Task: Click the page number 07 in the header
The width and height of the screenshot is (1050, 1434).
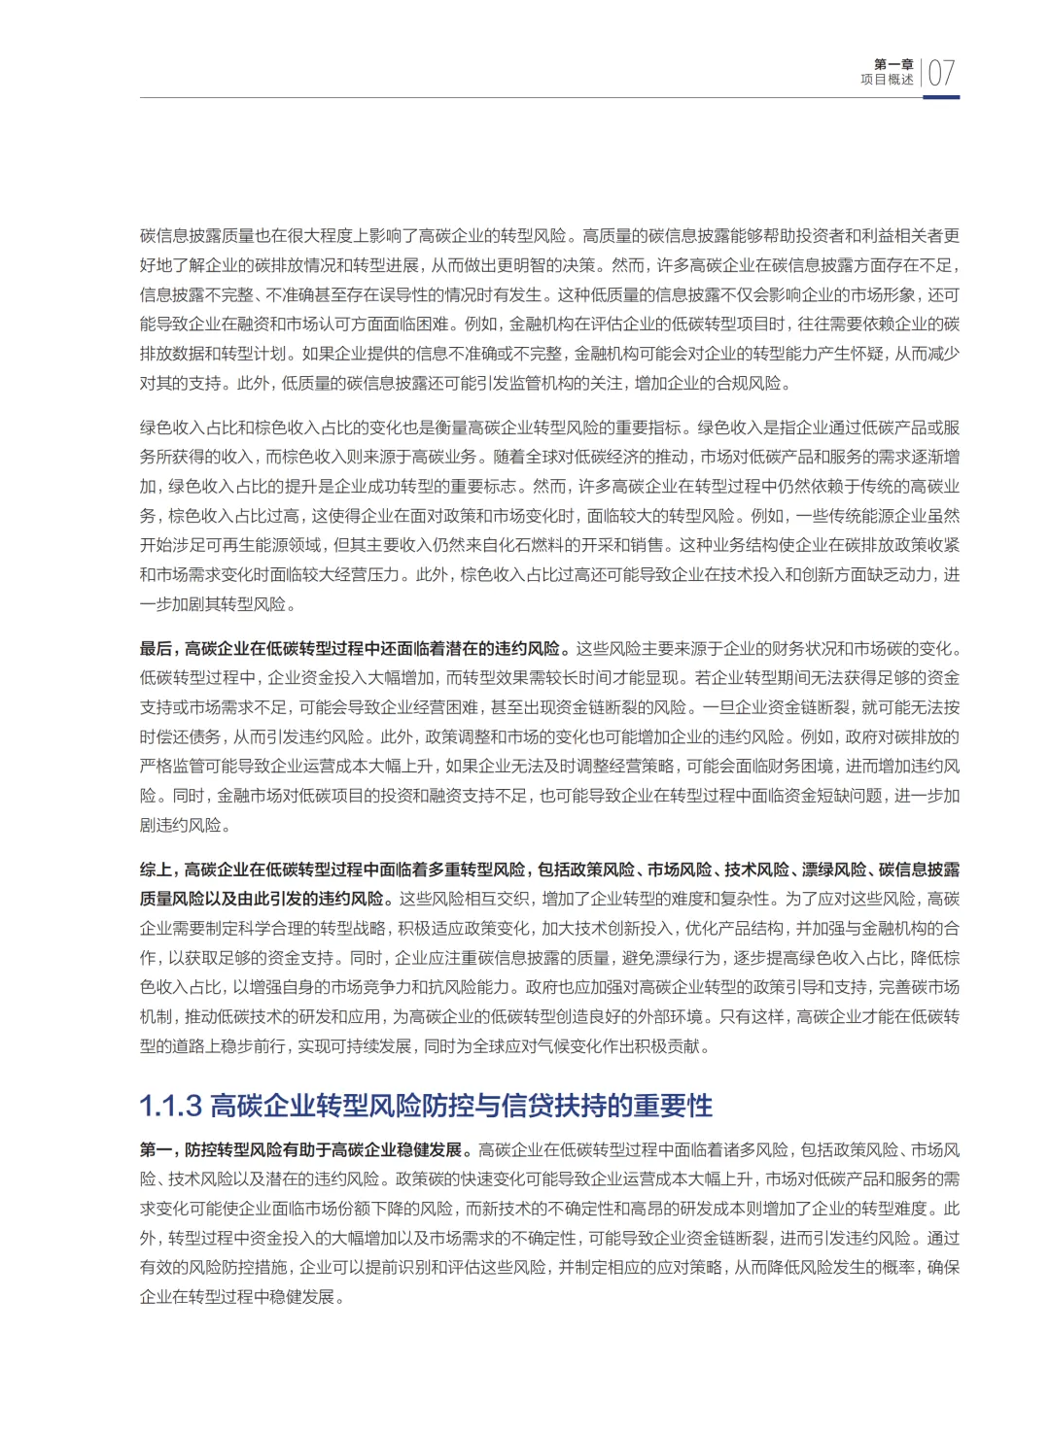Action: point(941,73)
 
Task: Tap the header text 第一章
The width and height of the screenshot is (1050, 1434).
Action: point(893,64)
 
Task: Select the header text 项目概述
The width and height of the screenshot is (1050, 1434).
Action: point(887,80)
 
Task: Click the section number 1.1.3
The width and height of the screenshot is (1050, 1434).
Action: point(170,1106)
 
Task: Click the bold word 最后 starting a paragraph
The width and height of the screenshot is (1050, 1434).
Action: point(156,649)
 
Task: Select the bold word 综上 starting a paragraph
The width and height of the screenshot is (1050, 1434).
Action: point(156,870)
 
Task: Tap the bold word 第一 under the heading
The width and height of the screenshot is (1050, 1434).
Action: point(156,1150)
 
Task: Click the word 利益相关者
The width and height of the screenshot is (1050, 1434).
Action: point(902,236)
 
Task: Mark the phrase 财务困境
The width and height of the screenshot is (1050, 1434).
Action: point(806,767)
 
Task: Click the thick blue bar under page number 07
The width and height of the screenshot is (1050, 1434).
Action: point(941,97)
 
